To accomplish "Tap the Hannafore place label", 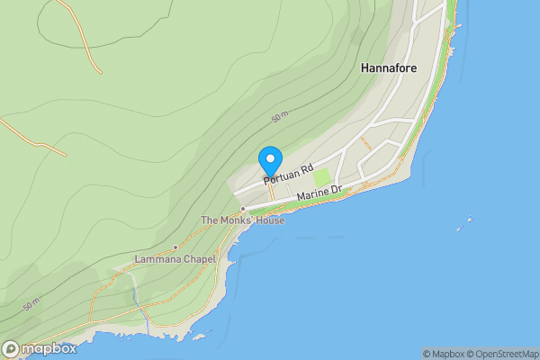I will (387, 67).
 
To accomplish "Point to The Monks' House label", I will (242, 220).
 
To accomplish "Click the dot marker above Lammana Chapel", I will (175, 247).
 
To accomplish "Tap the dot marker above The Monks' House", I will (242, 209).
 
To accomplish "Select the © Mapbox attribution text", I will (444, 354).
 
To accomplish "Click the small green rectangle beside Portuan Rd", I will (321, 176).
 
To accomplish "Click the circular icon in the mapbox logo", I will (11, 348).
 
